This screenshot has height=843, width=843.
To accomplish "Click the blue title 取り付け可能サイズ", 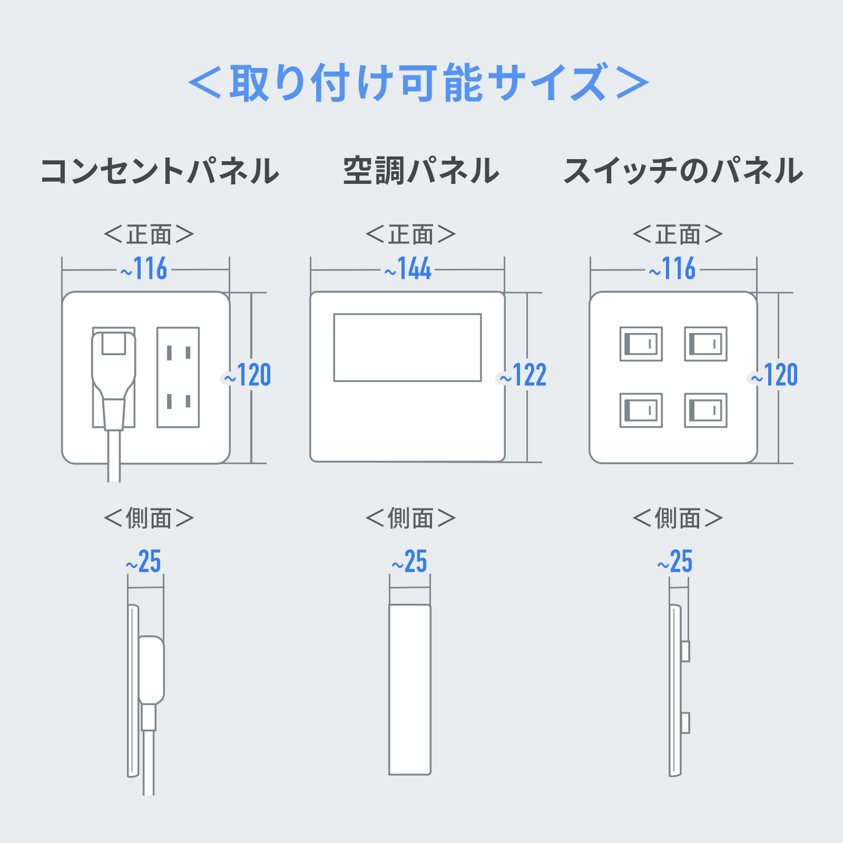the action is (x=419, y=82).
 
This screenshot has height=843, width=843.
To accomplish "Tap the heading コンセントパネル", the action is (x=160, y=171).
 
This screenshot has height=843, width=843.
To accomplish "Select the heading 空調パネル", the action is (x=421, y=171).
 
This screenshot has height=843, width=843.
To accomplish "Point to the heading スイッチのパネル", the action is (x=683, y=171).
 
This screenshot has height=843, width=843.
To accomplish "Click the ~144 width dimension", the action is (x=408, y=269).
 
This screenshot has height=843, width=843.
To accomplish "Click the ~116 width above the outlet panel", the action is (x=144, y=269).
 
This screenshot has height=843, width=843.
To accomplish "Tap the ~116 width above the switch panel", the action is (x=672, y=269).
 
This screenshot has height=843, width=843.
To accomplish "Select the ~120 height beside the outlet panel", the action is (x=247, y=375).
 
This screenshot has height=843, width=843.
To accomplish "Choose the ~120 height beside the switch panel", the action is (x=774, y=375).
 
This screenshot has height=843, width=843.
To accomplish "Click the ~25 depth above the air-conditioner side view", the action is (x=409, y=562).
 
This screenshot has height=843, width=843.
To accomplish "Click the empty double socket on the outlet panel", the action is (x=178, y=377).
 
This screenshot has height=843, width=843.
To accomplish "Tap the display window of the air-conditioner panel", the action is (x=407, y=347).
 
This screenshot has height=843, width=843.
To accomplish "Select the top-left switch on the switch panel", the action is (x=641, y=344).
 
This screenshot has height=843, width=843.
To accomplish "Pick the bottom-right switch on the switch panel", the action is (x=706, y=410).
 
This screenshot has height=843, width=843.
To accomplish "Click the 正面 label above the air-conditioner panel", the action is (x=410, y=234).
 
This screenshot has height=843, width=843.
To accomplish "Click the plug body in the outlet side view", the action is (x=151, y=670).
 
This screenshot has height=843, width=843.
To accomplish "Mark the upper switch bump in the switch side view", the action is (x=685, y=651).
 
